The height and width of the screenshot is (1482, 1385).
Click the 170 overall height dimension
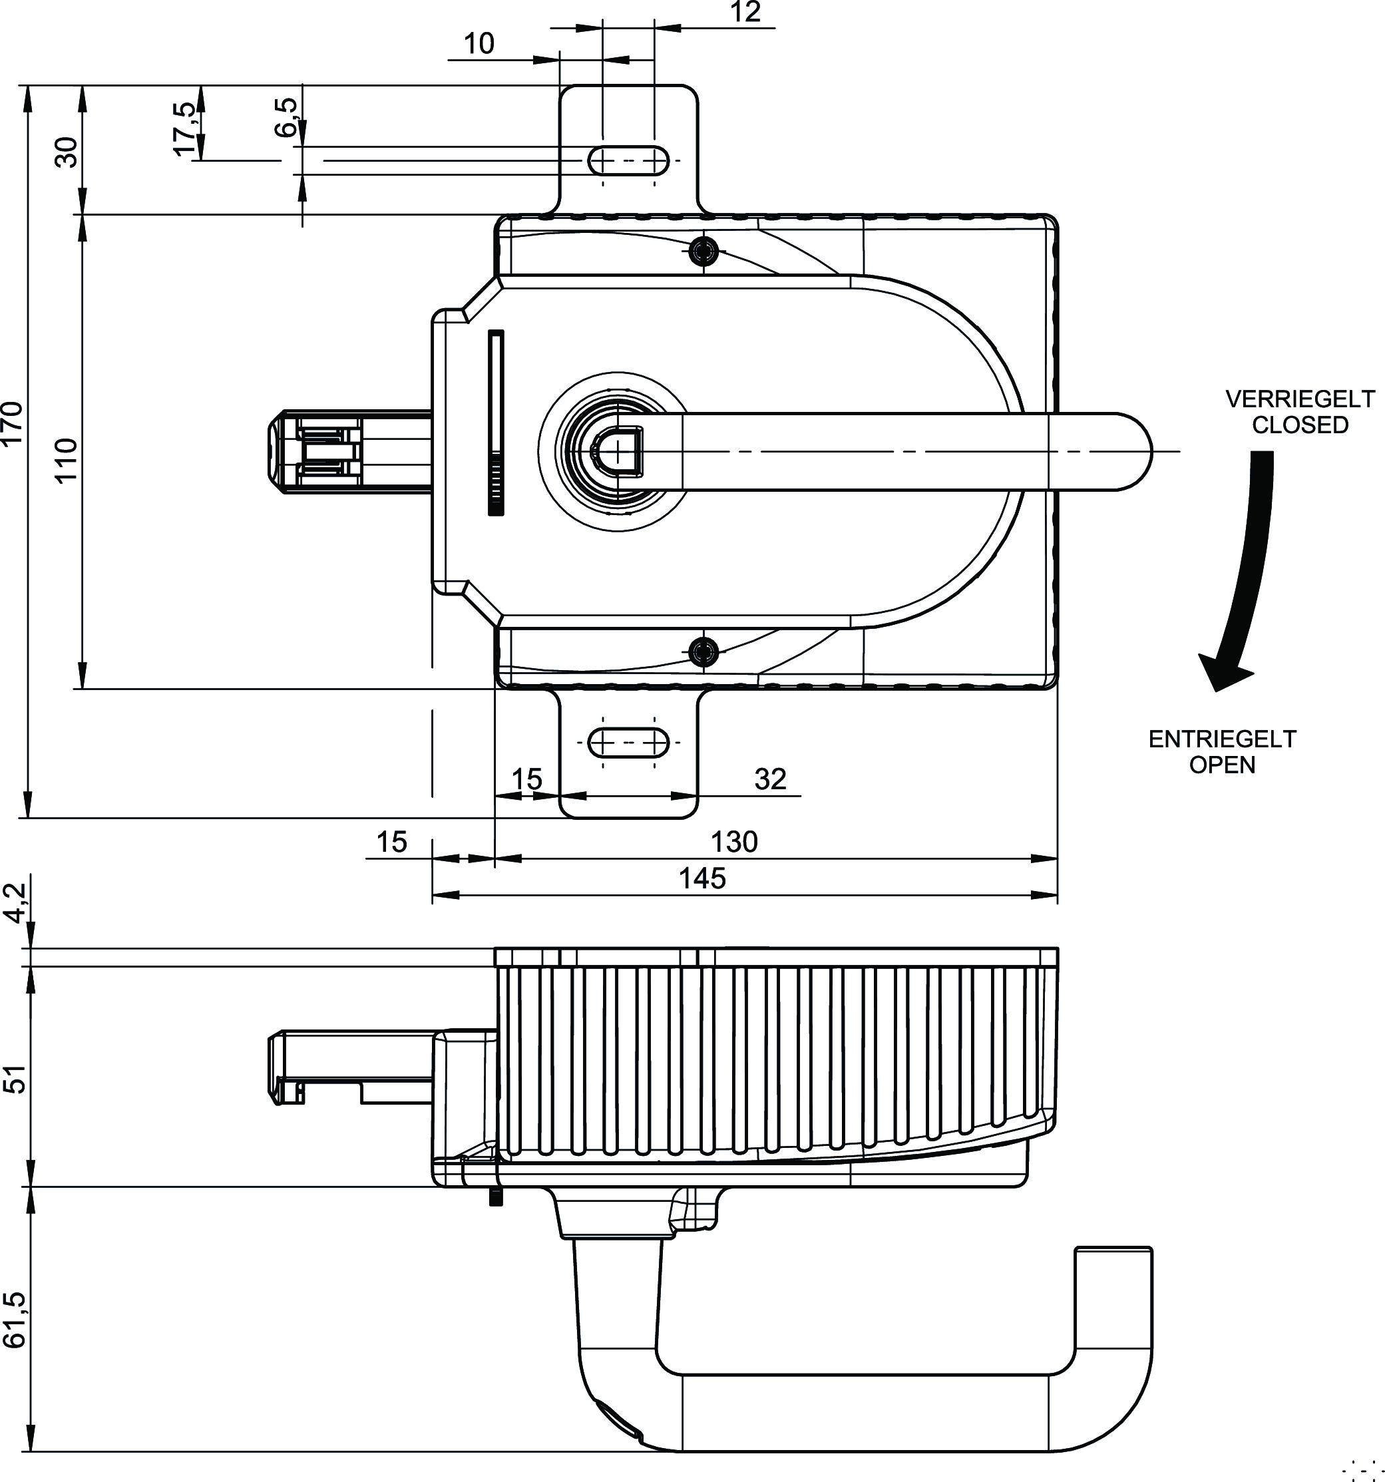click(x=13, y=422)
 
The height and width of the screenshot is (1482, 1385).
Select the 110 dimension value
click(x=67, y=460)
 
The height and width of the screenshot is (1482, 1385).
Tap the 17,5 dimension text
click(x=185, y=129)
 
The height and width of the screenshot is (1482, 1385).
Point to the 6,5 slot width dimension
click(x=286, y=118)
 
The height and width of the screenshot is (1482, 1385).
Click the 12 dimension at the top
click(x=745, y=13)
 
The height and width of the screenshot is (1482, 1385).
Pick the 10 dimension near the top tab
click(x=479, y=44)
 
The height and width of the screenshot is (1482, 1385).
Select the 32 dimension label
click(x=770, y=780)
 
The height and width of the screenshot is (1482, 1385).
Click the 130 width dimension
click(x=733, y=842)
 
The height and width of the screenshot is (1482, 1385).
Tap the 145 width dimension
click(x=701, y=879)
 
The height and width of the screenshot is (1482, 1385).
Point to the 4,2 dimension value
click(x=15, y=902)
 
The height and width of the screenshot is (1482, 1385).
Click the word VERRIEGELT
click(x=1300, y=399)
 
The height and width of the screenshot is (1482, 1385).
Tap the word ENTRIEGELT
click(x=1223, y=739)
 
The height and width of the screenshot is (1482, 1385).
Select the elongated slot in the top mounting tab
click(x=628, y=160)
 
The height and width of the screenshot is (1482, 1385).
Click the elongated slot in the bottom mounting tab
click(x=628, y=743)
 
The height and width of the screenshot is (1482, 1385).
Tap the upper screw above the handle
click(x=703, y=252)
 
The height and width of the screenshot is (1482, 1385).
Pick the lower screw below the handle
click(x=703, y=651)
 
